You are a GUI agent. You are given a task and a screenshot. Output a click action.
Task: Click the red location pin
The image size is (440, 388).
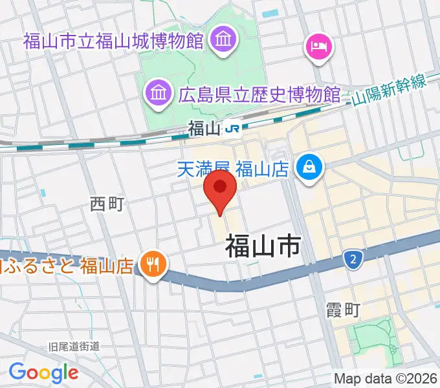220,188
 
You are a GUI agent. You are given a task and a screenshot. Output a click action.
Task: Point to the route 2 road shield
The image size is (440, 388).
353,260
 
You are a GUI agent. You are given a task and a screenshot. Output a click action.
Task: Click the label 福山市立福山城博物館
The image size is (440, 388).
114,42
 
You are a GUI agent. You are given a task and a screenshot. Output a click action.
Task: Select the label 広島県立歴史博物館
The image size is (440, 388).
258,96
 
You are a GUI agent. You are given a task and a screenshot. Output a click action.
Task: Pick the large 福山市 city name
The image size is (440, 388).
263,246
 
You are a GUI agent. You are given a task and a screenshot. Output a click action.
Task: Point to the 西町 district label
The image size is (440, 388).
106,205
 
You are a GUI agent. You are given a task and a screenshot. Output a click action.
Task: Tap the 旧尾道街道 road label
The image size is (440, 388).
74,347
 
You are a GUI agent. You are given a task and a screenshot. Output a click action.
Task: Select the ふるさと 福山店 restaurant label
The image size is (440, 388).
68,264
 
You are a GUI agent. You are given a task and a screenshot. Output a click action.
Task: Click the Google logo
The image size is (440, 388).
43,372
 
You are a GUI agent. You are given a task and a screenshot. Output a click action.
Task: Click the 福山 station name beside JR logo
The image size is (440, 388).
204,129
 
